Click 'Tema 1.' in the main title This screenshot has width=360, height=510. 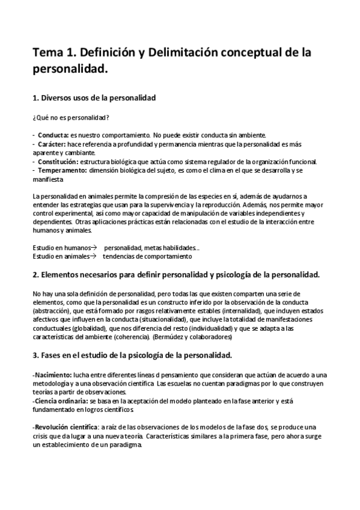pos(55,53)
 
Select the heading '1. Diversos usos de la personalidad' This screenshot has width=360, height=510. pos(94,97)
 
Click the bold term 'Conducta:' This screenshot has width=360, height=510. pos(53,135)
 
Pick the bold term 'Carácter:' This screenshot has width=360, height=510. pos(53,145)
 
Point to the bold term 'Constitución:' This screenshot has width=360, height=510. pos(58,162)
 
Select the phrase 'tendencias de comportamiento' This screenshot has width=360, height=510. pos(147,256)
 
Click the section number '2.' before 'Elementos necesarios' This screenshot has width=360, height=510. pos(35,275)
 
